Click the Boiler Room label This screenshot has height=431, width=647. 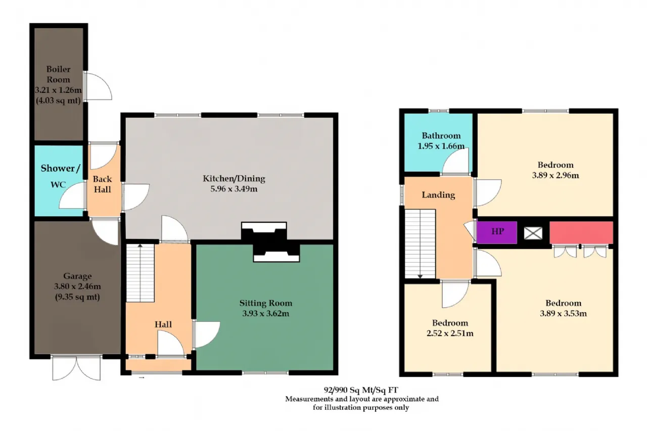(58, 74)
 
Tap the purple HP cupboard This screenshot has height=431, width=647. (497, 232)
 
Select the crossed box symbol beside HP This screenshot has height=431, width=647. (533, 233)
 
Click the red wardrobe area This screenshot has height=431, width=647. (581, 232)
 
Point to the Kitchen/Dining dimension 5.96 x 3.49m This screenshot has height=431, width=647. (234, 189)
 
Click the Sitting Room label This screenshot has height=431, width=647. (266, 303)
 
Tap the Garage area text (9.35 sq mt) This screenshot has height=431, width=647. (77, 297)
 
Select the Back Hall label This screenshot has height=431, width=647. (102, 184)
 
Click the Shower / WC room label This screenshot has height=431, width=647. (60, 176)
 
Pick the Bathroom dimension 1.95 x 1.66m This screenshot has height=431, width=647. (441, 146)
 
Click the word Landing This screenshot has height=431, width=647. (438, 195)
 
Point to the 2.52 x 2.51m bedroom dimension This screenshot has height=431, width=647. (450, 333)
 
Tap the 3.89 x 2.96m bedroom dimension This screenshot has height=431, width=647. (556, 175)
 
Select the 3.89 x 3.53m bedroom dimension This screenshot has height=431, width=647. (563, 313)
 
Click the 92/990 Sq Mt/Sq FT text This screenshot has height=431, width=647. (361, 390)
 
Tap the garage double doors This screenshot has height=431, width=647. (76, 368)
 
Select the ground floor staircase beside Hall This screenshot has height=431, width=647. (141, 273)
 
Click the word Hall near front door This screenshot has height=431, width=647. (163, 324)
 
